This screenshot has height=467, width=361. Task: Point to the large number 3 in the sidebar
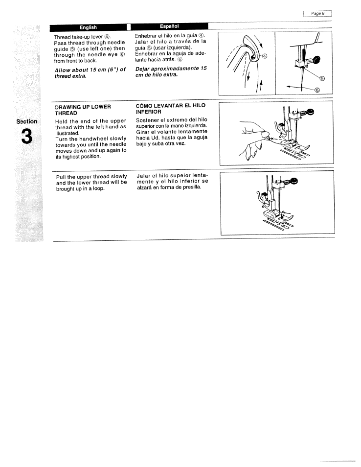pos(26,138)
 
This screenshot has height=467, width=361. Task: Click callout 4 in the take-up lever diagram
pos(265,56)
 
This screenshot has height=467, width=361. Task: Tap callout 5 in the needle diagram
pos(321,78)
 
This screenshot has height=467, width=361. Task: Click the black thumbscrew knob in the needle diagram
pos(315,60)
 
